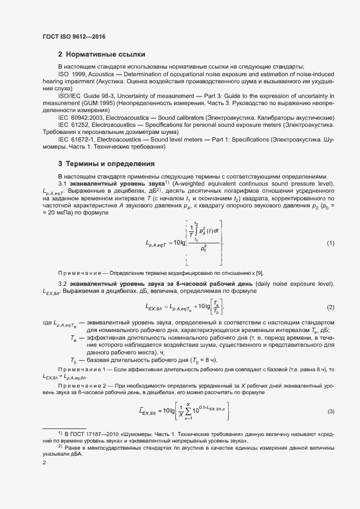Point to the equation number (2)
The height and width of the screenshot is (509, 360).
click(x=330, y=308)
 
